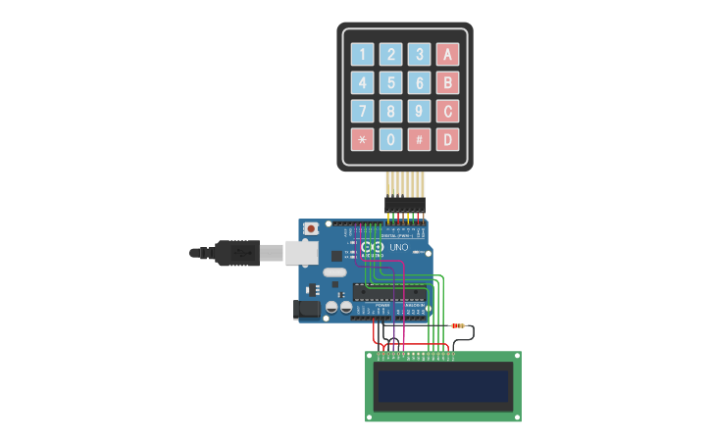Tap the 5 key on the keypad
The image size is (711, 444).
coord(391,83)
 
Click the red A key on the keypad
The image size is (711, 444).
coord(447,55)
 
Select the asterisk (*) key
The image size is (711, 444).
coord(363,139)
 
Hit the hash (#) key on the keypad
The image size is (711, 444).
coord(420,139)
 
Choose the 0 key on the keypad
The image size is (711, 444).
coord(391,139)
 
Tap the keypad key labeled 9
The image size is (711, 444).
coord(420,111)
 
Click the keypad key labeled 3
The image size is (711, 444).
coord(420,55)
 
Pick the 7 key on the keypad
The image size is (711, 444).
coord(363,111)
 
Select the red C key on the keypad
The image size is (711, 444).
coord(447,111)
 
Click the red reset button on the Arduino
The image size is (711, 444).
coord(312,228)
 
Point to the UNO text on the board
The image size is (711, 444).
coord(398,247)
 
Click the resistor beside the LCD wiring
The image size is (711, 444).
coord(458,325)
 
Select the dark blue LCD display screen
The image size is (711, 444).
coord(444,386)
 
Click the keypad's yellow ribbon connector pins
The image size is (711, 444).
coord(405,183)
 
